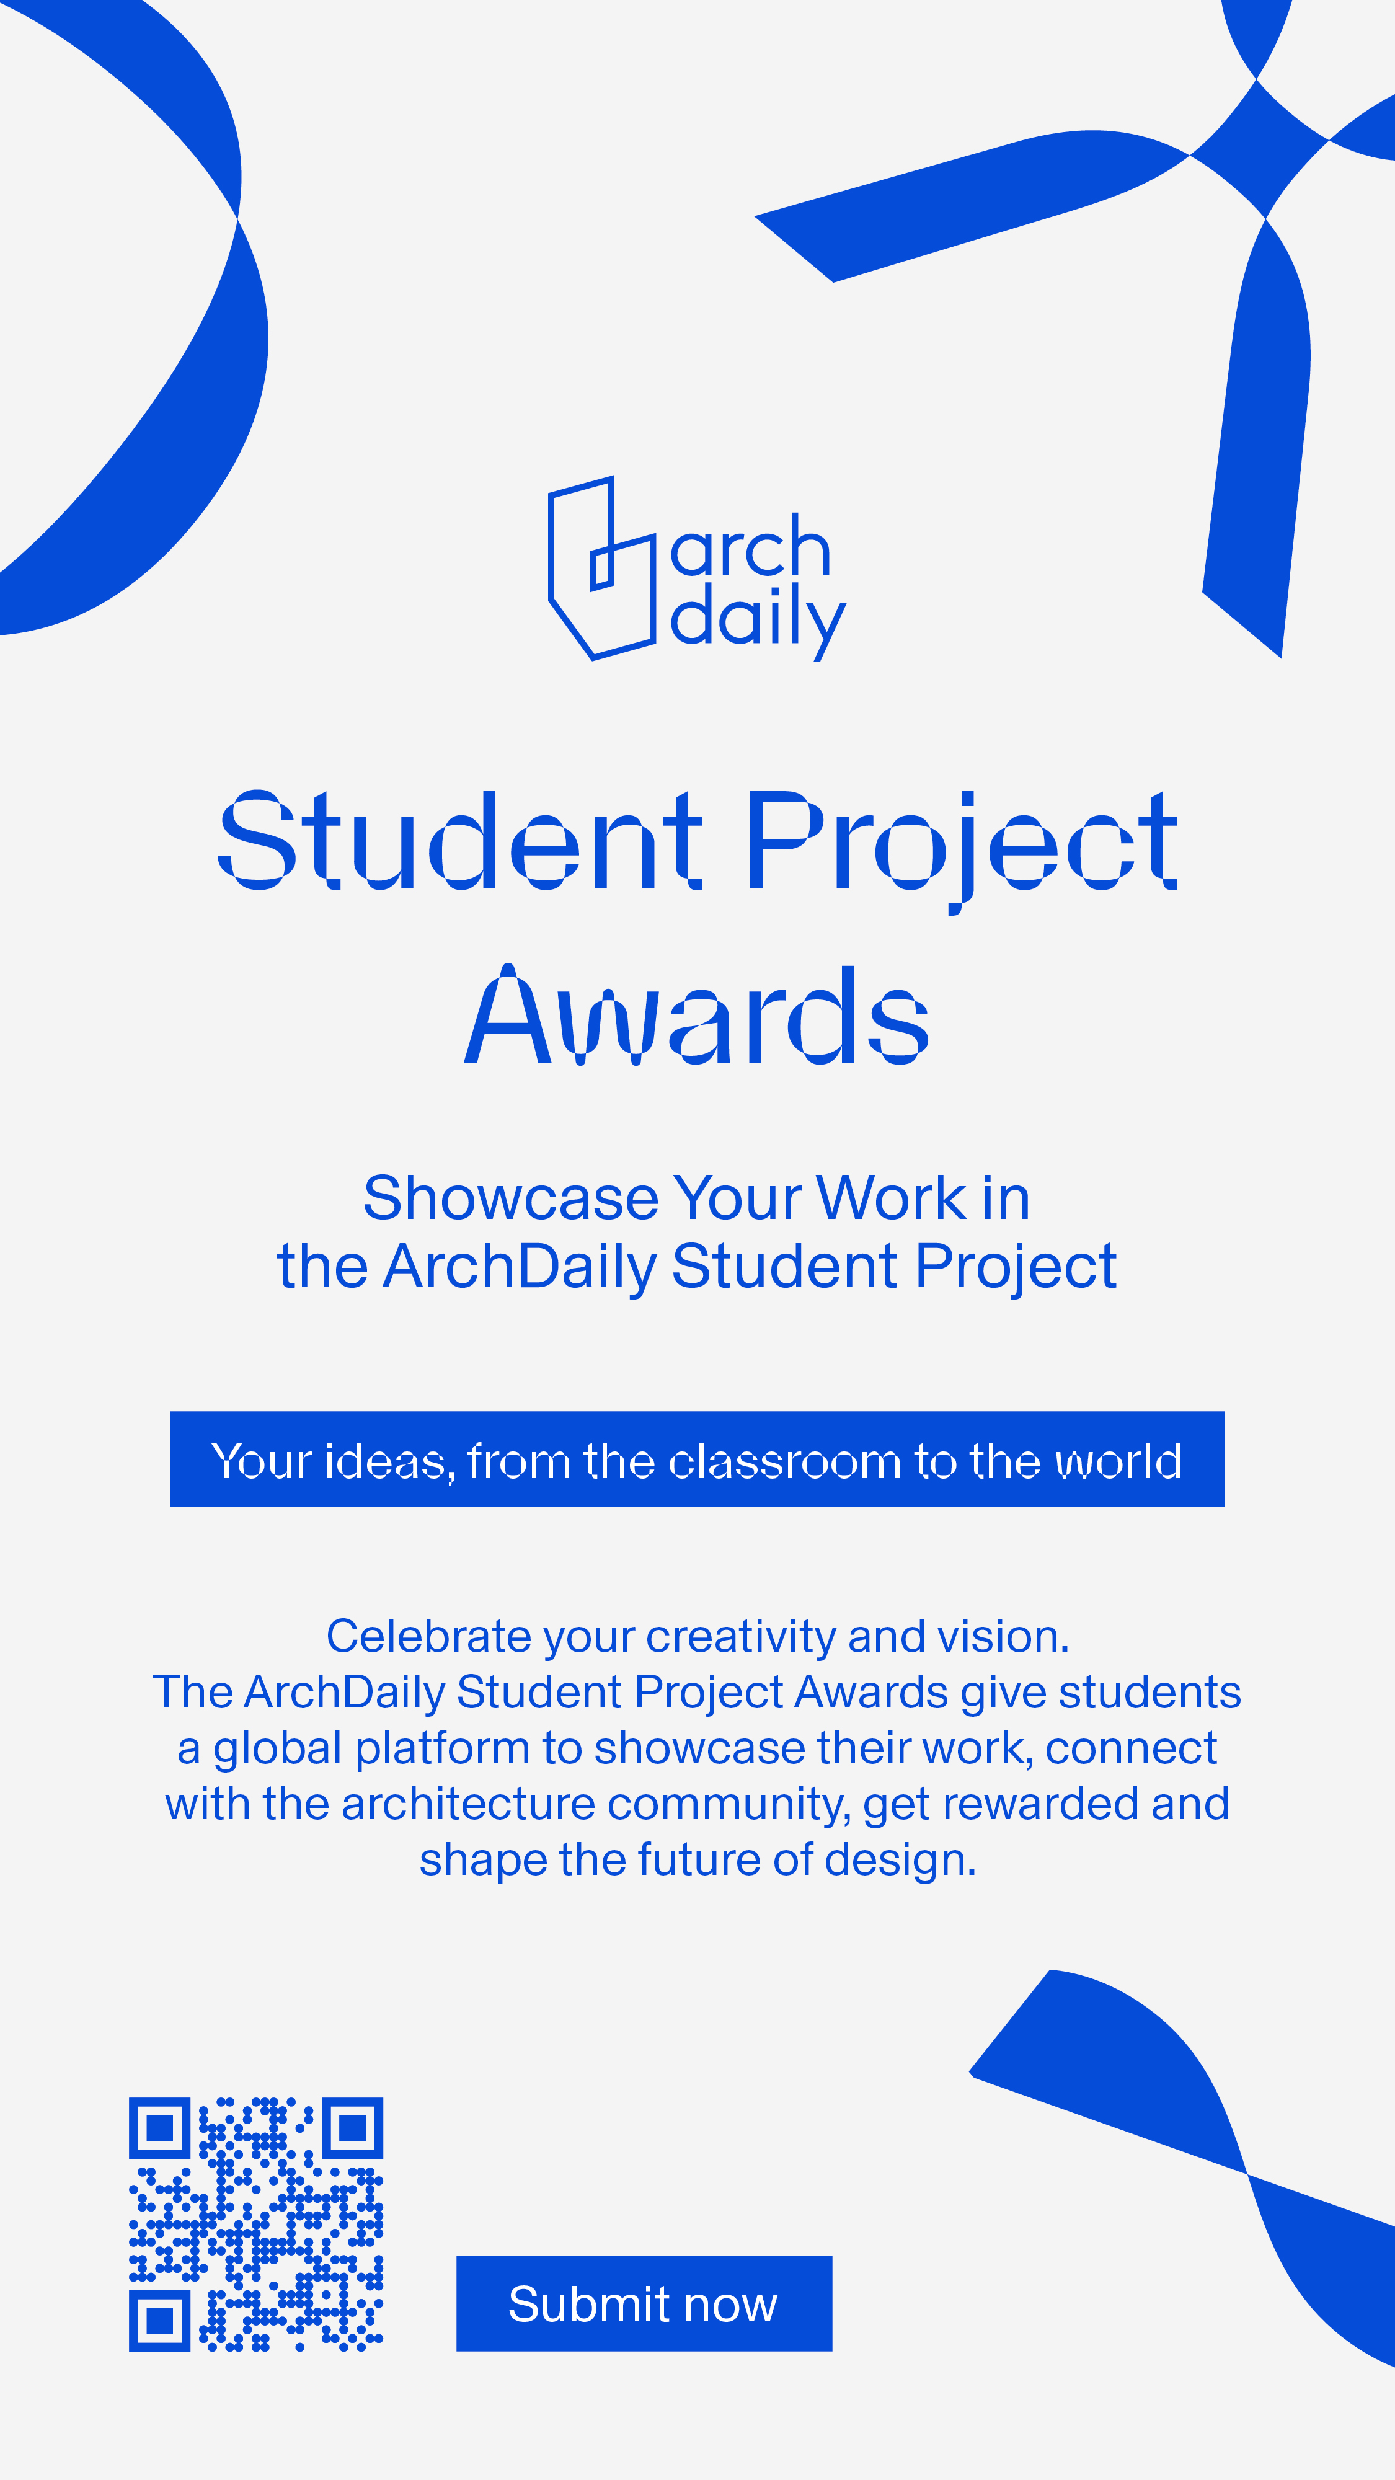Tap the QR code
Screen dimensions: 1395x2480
pyautogui.click(x=256, y=2224)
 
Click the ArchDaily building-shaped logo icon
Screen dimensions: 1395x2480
pyautogui.click(x=601, y=568)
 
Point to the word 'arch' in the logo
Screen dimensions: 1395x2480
pyautogui.click(x=750, y=546)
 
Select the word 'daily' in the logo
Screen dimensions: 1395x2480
pyautogui.click(x=758, y=621)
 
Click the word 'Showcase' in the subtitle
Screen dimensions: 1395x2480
pyautogui.click(x=511, y=1198)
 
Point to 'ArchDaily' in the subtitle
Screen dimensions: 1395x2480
pyautogui.click(x=520, y=1267)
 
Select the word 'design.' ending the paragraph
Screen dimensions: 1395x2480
pyautogui.click(x=901, y=1862)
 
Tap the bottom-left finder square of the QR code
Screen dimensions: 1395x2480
pyautogui.click(x=160, y=2320)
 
